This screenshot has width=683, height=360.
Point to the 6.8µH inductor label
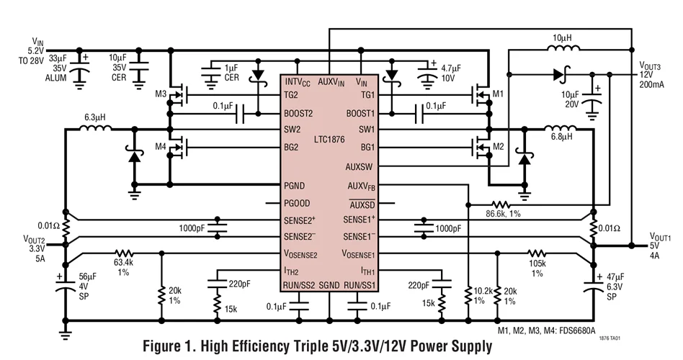563,137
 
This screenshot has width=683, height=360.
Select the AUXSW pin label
361,166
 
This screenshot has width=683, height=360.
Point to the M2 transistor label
497,148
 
